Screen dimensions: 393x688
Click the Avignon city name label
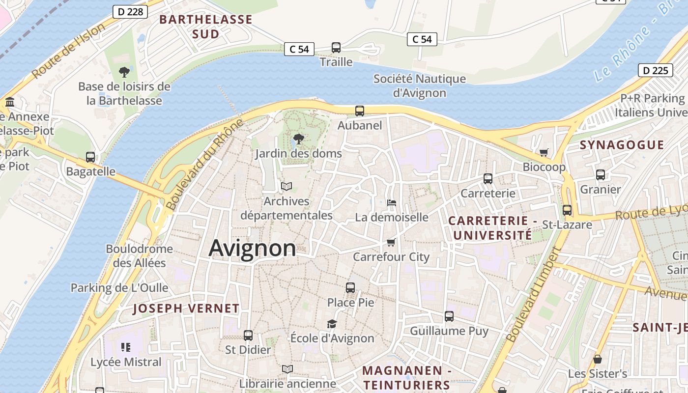pos(252,248)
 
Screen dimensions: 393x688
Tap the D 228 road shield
pos(130,12)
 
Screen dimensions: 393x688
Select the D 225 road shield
pos(656,70)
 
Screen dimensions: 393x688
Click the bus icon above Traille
pos(336,48)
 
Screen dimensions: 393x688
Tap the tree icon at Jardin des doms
pos(298,139)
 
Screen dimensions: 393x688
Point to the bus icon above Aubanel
pos(360,111)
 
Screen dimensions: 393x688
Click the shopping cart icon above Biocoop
pos(544,153)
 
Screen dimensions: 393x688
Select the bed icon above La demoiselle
pos(392,203)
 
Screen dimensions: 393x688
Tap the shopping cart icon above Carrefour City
pos(391,242)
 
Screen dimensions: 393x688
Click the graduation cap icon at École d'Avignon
pos(332,324)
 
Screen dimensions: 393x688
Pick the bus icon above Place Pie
pos(350,288)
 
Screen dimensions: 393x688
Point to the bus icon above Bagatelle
pos(90,157)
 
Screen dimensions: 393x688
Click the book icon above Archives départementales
pos(287,187)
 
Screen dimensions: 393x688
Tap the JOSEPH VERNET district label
pos(186,309)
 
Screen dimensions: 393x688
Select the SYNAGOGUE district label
pos(622,145)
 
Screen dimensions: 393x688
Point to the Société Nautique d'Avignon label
pos(420,85)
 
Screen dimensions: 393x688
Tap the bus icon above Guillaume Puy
pos(449,316)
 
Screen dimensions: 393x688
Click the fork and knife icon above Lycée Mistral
pos(126,347)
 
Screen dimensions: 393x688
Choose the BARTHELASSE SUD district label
pos(206,27)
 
